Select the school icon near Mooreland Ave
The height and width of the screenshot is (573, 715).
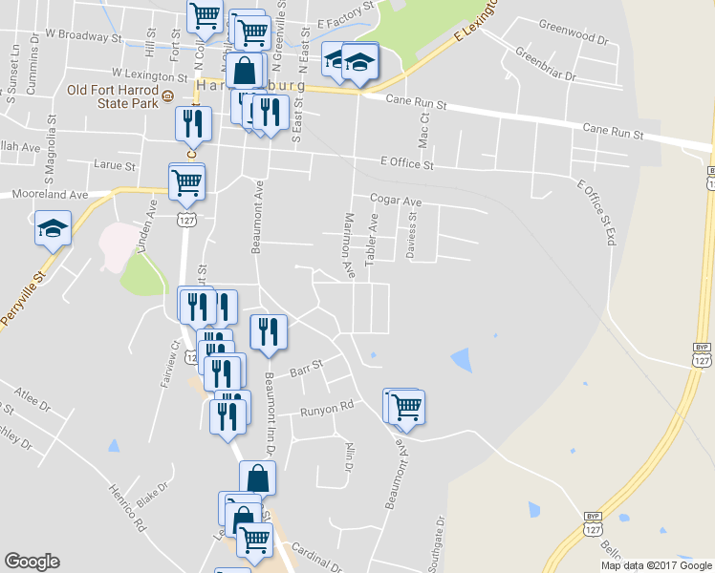[53, 228]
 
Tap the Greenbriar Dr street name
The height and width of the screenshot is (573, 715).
[546, 63]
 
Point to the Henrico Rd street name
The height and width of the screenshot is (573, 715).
[126, 506]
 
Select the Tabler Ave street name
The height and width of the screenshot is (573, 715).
[373, 238]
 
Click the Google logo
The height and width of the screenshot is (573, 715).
[32, 562]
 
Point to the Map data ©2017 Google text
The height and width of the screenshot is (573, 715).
[657, 565]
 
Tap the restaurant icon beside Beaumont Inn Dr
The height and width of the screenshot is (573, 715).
[268, 331]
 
